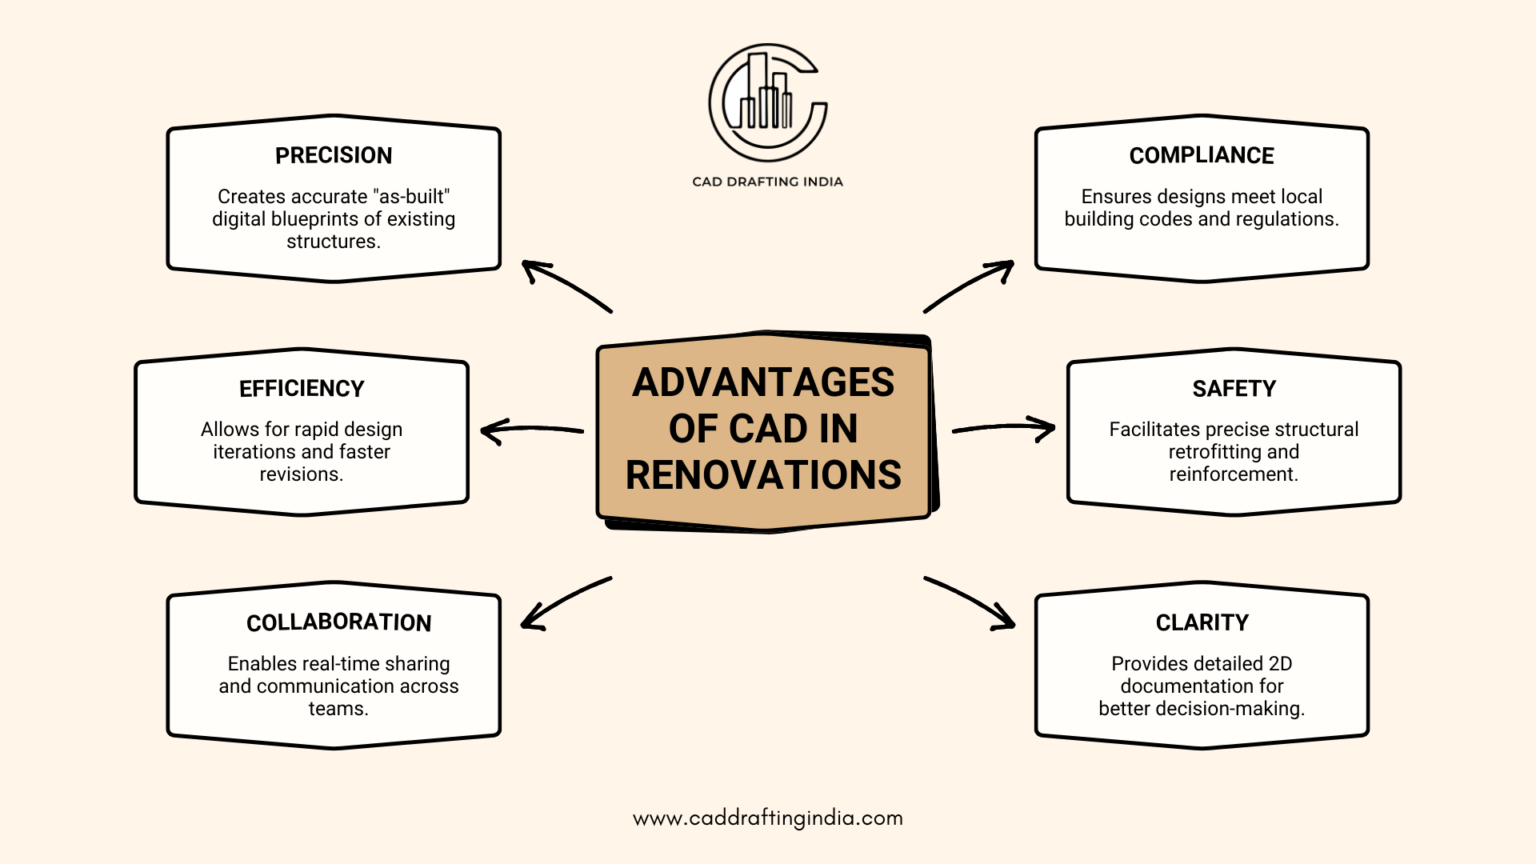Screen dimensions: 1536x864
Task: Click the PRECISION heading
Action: click(334, 155)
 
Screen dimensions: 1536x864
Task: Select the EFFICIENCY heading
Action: click(302, 389)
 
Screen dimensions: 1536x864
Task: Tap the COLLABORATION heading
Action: click(338, 622)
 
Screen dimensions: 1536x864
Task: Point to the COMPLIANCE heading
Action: click(1202, 155)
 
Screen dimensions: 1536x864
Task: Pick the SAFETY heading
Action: click(1234, 389)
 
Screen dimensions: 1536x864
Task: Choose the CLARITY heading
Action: click(1202, 622)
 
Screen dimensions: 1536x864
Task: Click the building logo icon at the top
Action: click(768, 102)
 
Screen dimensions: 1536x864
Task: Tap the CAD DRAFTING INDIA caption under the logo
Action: click(767, 182)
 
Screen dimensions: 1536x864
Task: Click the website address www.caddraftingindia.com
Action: click(768, 818)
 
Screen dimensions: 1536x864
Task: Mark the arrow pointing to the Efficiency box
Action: click(532, 430)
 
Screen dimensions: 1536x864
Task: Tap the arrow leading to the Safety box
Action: click(1004, 428)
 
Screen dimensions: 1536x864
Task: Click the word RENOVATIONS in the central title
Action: click(763, 475)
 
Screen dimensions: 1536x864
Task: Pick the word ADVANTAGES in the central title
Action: click(763, 382)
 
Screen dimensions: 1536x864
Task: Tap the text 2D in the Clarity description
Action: click(1280, 664)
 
